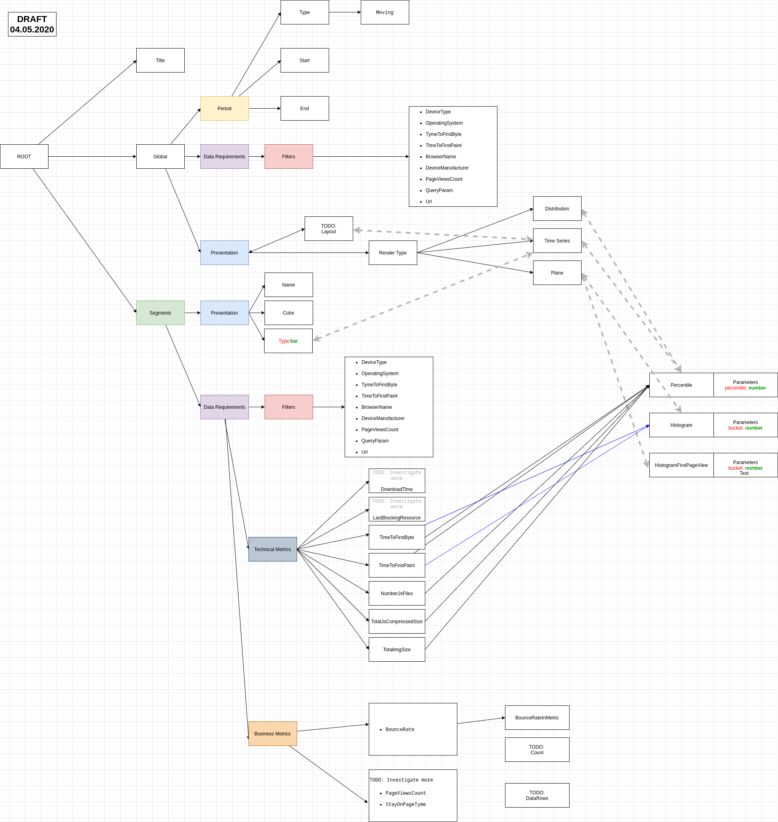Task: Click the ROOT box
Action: coord(24,156)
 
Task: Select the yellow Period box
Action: coord(224,108)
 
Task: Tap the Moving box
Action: coord(384,12)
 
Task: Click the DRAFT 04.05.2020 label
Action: coord(32,24)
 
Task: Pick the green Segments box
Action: coord(160,313)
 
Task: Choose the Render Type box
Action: coord(392,252)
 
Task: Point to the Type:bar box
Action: coord(288,341)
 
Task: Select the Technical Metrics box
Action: coord(273,549)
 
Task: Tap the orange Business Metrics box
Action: coord(273,733)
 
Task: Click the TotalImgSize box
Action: coord(396,650)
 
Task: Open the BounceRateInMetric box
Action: coord(537,717)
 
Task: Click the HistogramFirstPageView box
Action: coord(681,465)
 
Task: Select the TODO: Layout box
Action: coord(328,228)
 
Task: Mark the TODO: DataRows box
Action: coord(537,795)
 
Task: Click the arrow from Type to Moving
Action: coord(344,12)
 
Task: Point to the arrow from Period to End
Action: coord(264,108)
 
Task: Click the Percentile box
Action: coord(681,385)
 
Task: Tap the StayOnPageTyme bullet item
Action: coord(405,804)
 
